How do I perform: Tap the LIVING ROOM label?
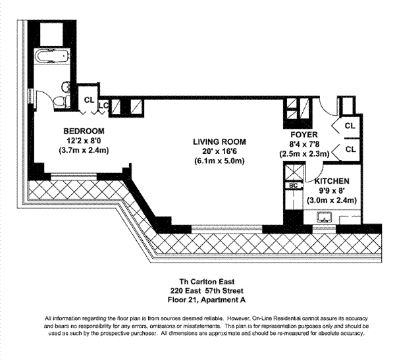point(219,141)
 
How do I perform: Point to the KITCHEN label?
point(331,181)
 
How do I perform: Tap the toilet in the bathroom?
point(60,99)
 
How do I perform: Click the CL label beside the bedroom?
point(88,101)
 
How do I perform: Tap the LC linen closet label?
point(103,105)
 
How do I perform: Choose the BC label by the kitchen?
point(293,186)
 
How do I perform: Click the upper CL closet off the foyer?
point(350,126)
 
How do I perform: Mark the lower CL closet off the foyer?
point(350,149)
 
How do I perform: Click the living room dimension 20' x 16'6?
point(219,151)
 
